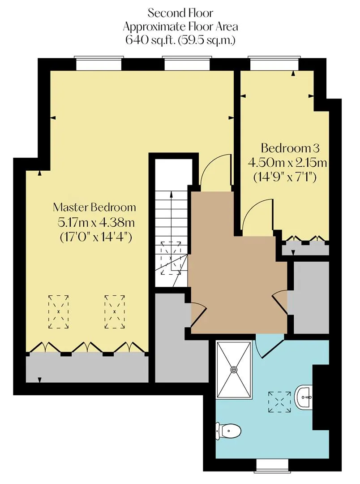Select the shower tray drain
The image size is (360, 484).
point(234,369)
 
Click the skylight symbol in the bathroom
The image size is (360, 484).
point(279,402)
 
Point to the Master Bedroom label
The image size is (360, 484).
point(94,207)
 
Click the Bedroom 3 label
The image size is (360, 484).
point(290,148)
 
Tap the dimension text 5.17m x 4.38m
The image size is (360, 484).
point(96,222)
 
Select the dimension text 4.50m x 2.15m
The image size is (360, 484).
point(287,163)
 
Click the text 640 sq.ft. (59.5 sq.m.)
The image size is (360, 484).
point(180,40)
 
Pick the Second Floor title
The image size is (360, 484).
point(180,13)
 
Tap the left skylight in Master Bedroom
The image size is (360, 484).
point(58,312)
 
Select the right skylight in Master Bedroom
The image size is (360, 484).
point(115,312)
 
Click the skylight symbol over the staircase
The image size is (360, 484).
point(171,258)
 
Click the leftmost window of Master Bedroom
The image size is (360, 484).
point(99,64)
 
